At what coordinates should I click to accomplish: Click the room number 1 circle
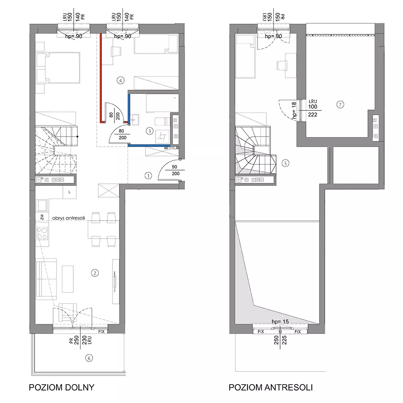click(148, 176)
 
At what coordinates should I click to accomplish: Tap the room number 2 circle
click(95, 273)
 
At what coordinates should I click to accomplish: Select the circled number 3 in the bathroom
click(150, 131)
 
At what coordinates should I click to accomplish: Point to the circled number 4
click(120, 81)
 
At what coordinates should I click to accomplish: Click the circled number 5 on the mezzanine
click(285, 163)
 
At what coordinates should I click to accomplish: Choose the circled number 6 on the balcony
click(89, 358)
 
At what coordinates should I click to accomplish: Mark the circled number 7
click(340, 105)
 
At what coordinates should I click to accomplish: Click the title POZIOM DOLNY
click(62, 387)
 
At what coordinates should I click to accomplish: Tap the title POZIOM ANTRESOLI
click(271, 387)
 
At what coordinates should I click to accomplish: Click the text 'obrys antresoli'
click(69, 218)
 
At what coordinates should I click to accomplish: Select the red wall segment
click(101, 78)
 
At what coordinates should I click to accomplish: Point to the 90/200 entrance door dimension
click(175, 170)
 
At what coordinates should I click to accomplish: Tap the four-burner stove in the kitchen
click(42, 233)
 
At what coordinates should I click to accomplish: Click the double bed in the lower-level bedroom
click(58, 68)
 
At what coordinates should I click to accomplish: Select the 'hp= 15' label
click(280, 322)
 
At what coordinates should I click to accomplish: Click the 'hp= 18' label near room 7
click(294, 111)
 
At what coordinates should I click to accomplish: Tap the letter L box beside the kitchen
click(69, 192)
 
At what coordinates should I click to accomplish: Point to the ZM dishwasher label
click(42, 218)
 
